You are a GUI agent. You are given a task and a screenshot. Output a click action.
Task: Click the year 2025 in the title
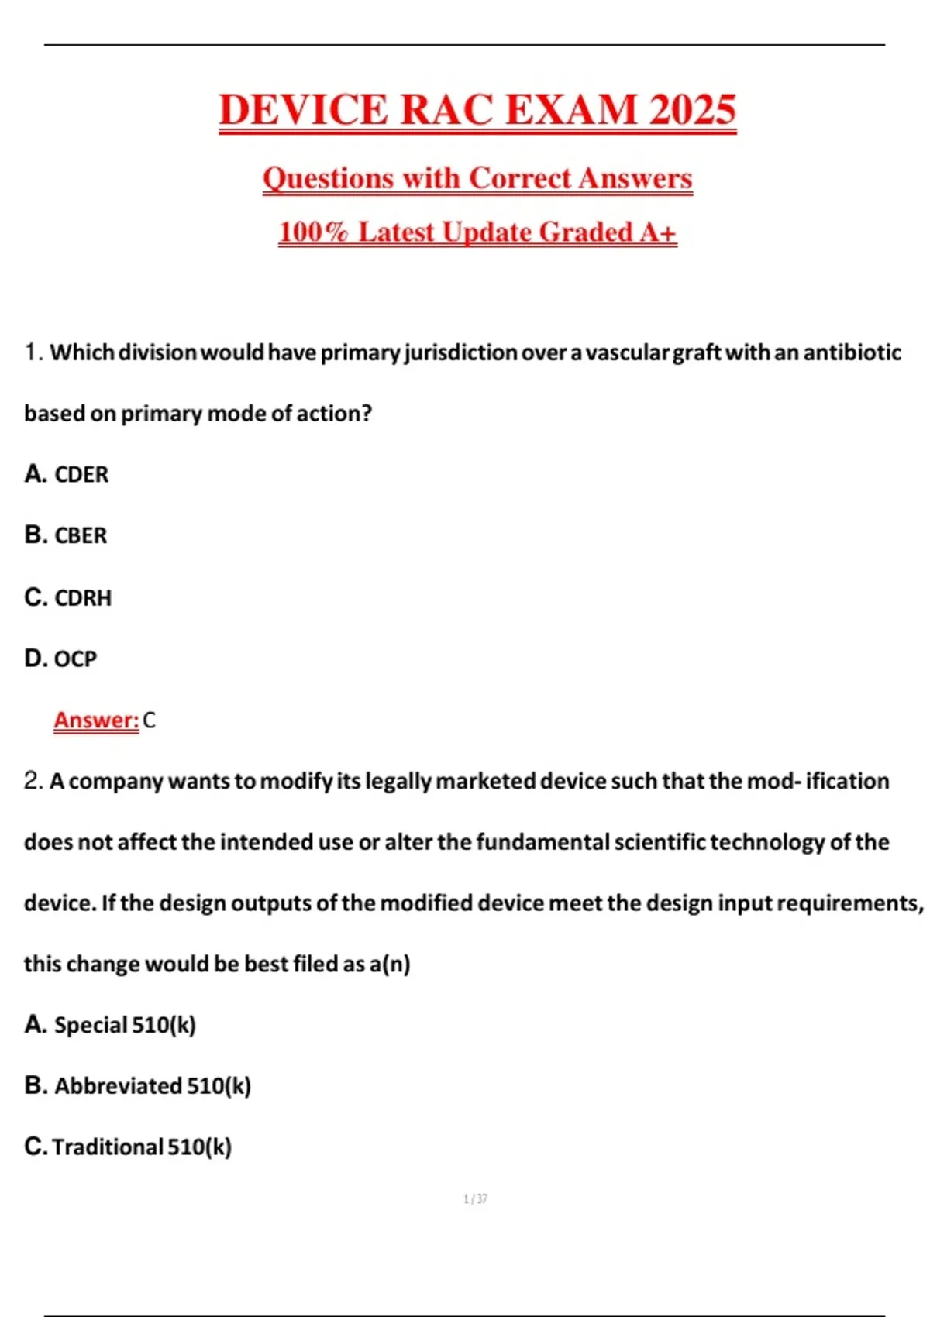click(x=692, y=109)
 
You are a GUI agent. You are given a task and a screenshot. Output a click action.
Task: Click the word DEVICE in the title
click(x=303, y=109)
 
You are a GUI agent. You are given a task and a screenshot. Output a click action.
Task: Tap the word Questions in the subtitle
click(x=329, y=178)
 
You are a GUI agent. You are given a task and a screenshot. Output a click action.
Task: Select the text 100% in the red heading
click(x=313, y=232)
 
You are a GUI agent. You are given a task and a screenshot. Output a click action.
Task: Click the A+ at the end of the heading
click(x=658, y=232)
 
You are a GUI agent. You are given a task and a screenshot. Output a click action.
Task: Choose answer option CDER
click(x=81, y=474)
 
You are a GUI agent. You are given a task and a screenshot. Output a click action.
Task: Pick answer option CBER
click(x=80, y=535)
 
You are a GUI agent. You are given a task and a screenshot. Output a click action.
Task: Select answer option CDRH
click(x=82, y=597)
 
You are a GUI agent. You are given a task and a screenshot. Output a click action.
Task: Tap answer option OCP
click(x=74, y=658)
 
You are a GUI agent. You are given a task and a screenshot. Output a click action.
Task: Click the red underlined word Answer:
click(x=96, y=720)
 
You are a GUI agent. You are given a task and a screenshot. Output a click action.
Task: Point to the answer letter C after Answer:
click(x=150, y=720)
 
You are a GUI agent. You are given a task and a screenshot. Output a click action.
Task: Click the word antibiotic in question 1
click(x=852, y=352)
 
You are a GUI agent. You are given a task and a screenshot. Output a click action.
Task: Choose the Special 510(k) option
click(x=124, y=1025)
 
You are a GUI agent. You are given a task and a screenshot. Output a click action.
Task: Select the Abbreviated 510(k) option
click(x=152, y=1085)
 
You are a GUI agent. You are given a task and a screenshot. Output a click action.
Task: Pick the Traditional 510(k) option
click(x=142, y=1147)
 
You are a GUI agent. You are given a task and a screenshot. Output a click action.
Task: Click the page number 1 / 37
click(x=475, y=1198)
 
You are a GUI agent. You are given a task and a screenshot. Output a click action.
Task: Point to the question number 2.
click(x=33, y=781)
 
